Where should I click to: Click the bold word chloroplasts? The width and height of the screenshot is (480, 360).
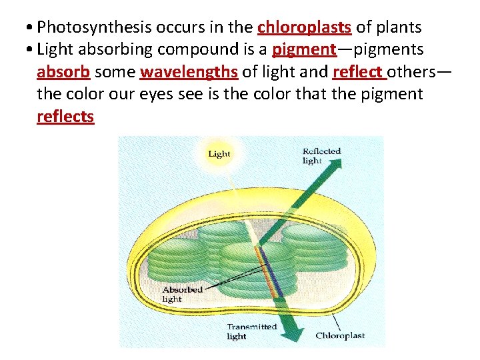(x=304, y=27)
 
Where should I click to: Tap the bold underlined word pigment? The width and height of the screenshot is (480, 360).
(x=303, y=49)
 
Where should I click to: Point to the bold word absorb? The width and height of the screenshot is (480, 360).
(x=63, y=71)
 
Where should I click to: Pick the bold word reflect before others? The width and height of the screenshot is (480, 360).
(x=357, y=71)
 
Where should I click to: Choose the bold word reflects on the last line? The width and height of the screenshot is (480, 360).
(x=65, y=117)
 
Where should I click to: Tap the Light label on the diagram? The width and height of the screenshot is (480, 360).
(x=219, y=154)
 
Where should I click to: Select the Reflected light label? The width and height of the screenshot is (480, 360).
(x=321, y=156)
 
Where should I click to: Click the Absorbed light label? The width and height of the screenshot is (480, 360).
(x=181, y=294)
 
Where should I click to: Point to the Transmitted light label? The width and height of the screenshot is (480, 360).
(x=251, y=331)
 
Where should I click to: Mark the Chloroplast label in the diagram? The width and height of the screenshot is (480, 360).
(x=340, y=335)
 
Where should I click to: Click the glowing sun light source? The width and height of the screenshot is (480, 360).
(x=219, y=155)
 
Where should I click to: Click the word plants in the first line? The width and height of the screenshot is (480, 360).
(x=399, y=27)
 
